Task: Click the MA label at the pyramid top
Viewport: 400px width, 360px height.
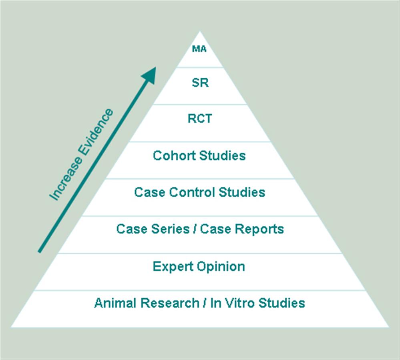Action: point(199,49)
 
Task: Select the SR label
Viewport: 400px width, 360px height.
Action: point(200,83)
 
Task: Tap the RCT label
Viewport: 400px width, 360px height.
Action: point(199,119)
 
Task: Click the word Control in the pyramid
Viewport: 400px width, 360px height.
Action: point(192,192)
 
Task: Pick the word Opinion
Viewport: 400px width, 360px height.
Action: point(223,267)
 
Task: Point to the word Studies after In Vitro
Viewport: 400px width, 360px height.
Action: point(281,303)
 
